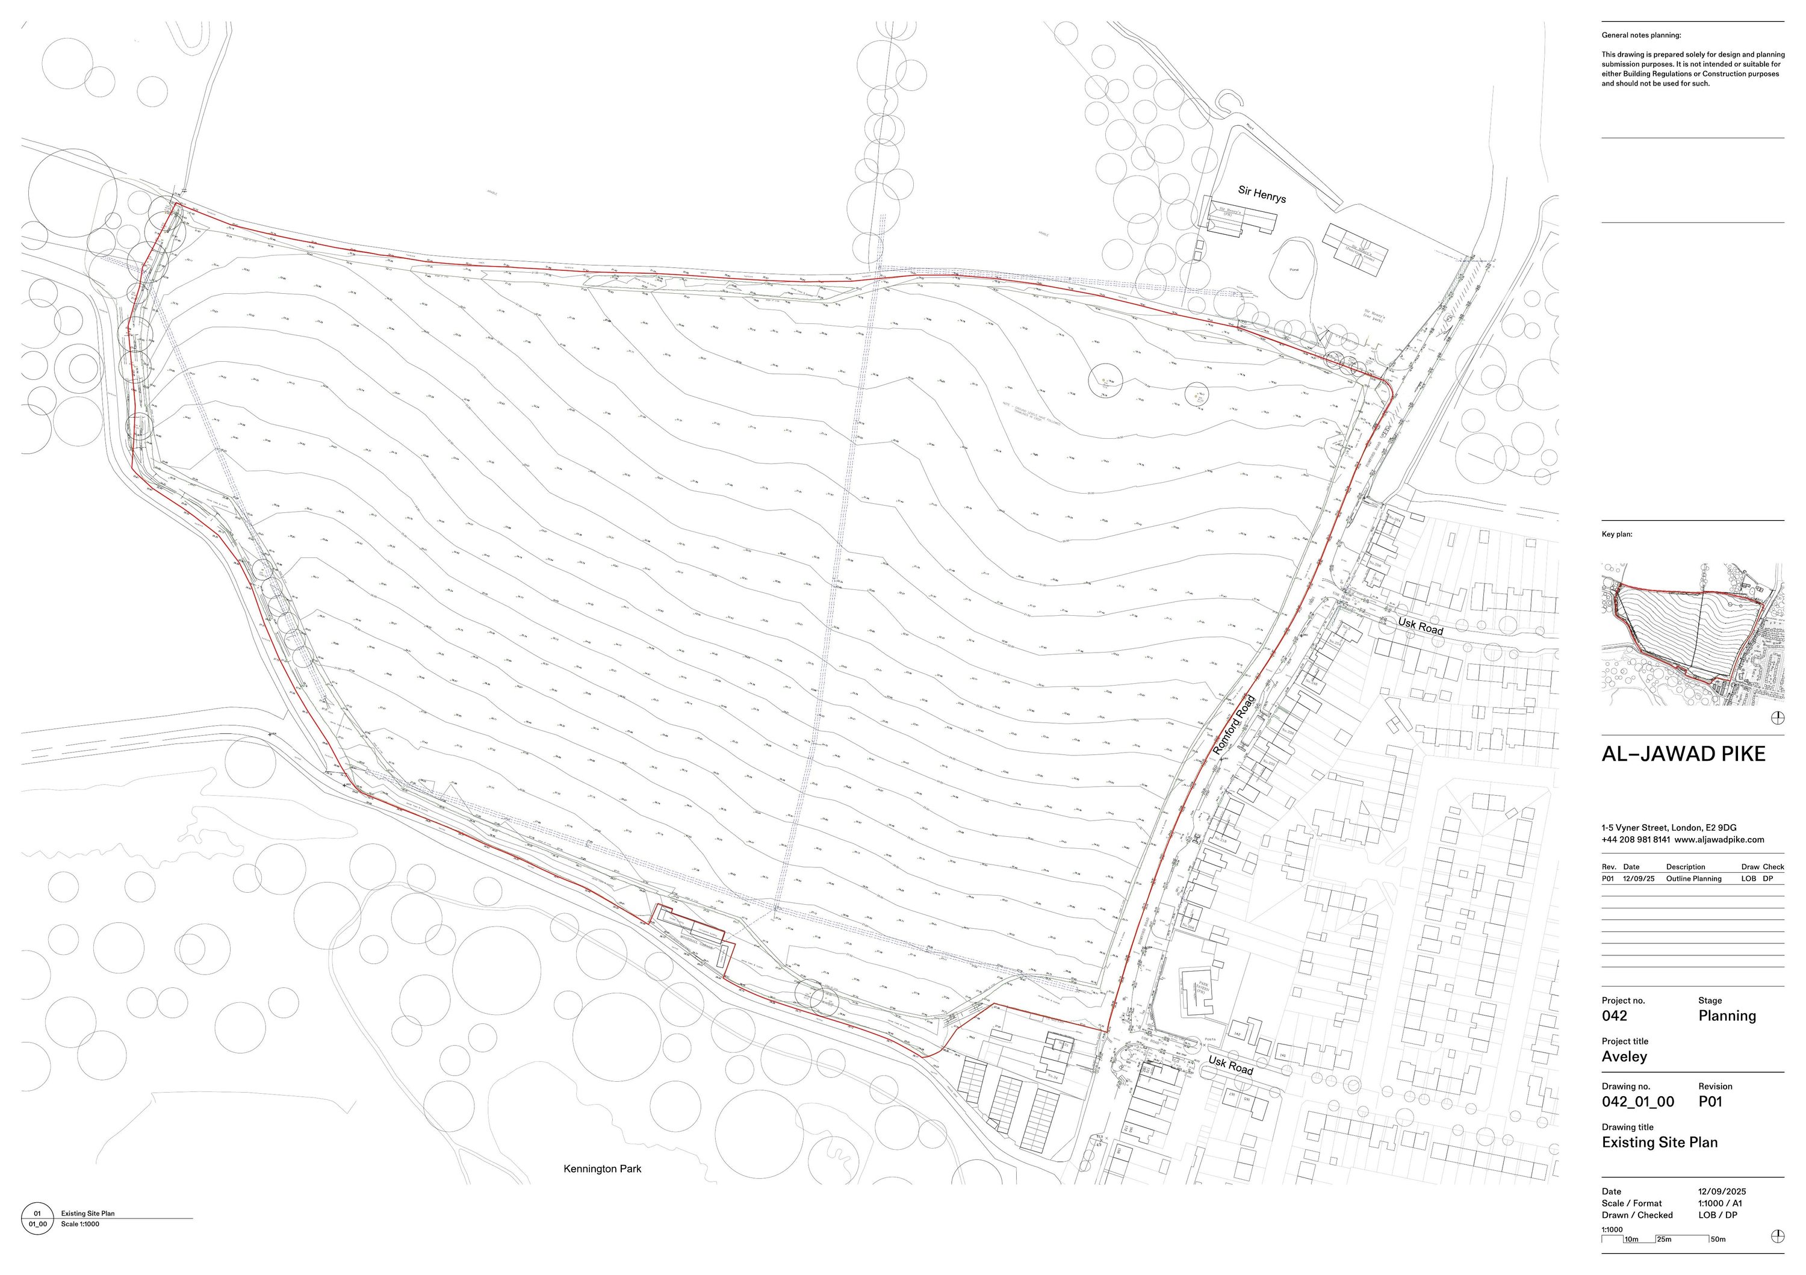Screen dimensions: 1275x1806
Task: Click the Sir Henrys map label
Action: click(x=1262, y=194)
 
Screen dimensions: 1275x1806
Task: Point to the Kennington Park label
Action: click(x=602, y=1169)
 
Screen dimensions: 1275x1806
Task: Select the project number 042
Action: click(x=1614, y=1016)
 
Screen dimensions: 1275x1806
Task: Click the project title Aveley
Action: click(x=1624, y=1056)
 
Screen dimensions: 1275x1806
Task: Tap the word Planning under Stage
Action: click(x=1727, y=1016)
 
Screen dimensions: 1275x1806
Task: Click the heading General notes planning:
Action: click(x=1641, y=36)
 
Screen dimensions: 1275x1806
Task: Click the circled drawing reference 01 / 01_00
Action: click(x=37, y=1219)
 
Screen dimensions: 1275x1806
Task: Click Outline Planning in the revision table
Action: click(x=1693, y=878)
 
